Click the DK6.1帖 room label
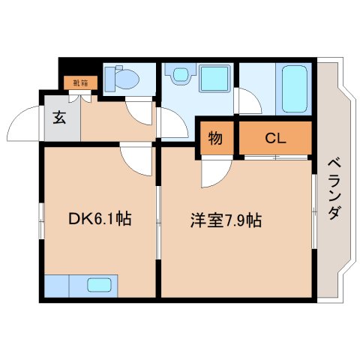point(100,220)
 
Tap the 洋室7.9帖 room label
point(225,221)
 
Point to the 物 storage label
point(215,138)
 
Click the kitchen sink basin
point(100,285)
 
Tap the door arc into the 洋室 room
point(214,174)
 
